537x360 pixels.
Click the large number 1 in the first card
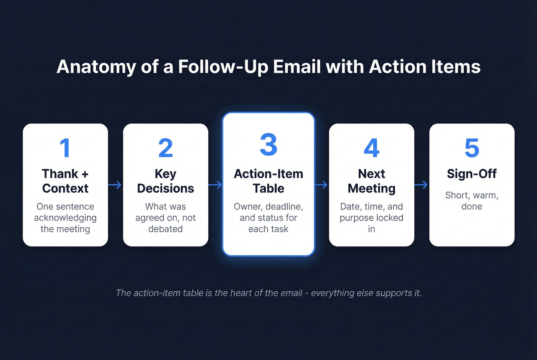pyautogui.click(x=65, y=148)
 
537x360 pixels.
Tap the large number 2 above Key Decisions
pyautogui.click(x=165, y=148)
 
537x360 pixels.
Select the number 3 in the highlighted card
pyautogui.click(x=268, y=145)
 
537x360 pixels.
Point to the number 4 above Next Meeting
pyautogui.click(x=371, y=148)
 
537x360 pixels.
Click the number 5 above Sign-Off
pyautogui.click(x=472, y=148)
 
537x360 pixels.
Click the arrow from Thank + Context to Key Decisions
pyautogui.click(x=115, y=185)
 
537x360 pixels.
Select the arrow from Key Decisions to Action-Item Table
pyautogui.click(x=215, y=185)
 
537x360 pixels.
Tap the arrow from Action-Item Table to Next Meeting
pyautogui.click(x=321, y=185)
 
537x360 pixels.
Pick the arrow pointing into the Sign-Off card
pyautogui.click(x=421, y=185)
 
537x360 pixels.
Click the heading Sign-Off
pyautogui.click(x=472, y=174)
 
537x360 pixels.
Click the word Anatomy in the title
pyautogui.click(x=96, y=67)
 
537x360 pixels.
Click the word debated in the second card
pyautogui.click(x=165, y=229)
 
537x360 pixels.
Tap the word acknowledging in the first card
pyautogui.click(x=65, y=218)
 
